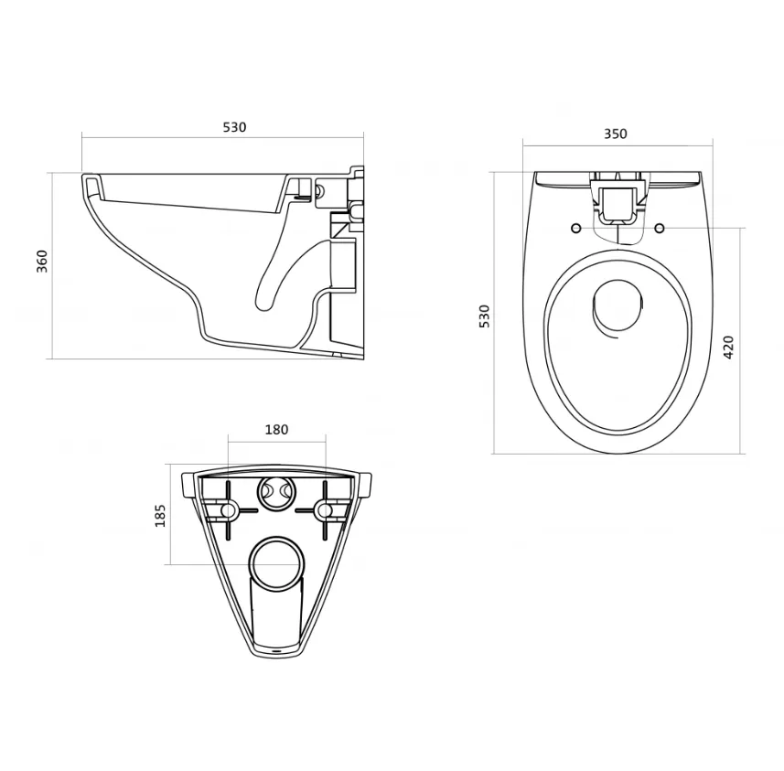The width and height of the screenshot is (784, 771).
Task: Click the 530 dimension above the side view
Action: pos(234,127)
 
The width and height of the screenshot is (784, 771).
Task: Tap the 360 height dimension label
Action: pos(42,261)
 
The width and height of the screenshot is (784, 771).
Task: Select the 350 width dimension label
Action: pos(616,134)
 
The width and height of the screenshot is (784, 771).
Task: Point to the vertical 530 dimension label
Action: pos(485,316)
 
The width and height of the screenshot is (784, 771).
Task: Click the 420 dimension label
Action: pos(728,347)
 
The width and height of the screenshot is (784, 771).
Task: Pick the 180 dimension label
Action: pos(276,430)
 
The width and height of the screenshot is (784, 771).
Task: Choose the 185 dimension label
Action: pos(160,516)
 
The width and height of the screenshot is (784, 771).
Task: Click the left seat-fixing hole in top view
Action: pos(576,229)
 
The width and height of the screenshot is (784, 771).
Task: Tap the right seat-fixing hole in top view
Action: pos(660,229)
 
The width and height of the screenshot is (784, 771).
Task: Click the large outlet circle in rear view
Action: pos(276,563)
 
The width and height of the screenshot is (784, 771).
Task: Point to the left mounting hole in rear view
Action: pos(228,510)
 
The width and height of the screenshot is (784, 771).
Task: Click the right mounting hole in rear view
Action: pos(325,510)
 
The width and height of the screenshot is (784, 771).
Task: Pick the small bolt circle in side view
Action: pos(319,190)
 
